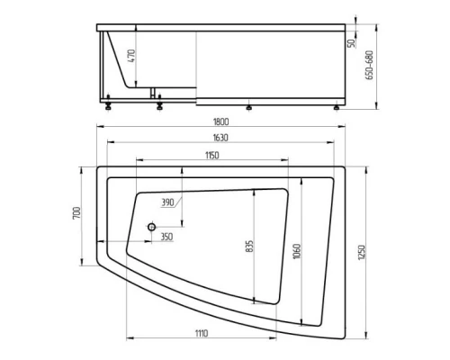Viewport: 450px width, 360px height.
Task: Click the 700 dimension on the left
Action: [77, 214]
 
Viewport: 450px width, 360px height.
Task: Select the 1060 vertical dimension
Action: [295, 249]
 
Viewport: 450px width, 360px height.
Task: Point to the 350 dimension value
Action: [166, 236]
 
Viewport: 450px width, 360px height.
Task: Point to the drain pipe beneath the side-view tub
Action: [153, 93]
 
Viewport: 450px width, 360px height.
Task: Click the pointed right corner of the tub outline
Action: [349, 165]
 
